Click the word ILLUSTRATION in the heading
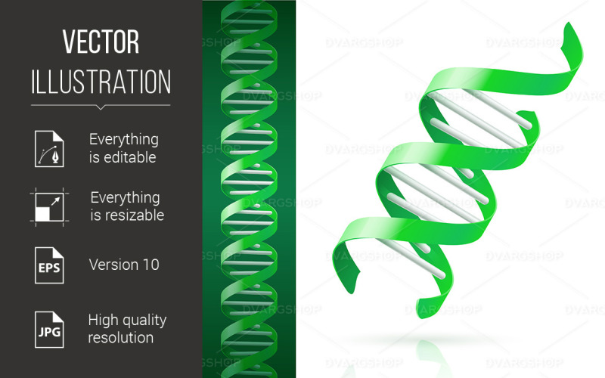point(101,82)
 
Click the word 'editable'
point(129,157)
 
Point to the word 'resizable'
point(132,215)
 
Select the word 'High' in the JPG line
point(103,320)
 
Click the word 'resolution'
point(120,337)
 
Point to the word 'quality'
point(144,320)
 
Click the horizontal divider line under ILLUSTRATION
point(101,104)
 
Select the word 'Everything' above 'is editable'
point(123,140)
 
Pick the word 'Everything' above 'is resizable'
point(125,197)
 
